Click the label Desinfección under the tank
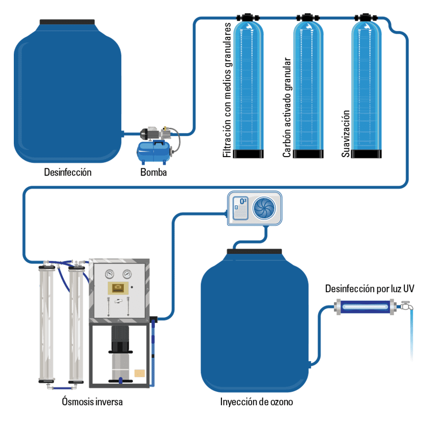click(67, 172)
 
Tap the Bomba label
click(153, 172)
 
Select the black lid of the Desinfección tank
click(67, 22)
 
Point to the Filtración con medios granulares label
click(228, 90)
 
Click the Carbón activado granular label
click(287, 107)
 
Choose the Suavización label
click(346, 133)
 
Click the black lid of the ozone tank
click(255, 251)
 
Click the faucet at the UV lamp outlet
click(406, 307)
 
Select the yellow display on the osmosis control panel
click(118, 287)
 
